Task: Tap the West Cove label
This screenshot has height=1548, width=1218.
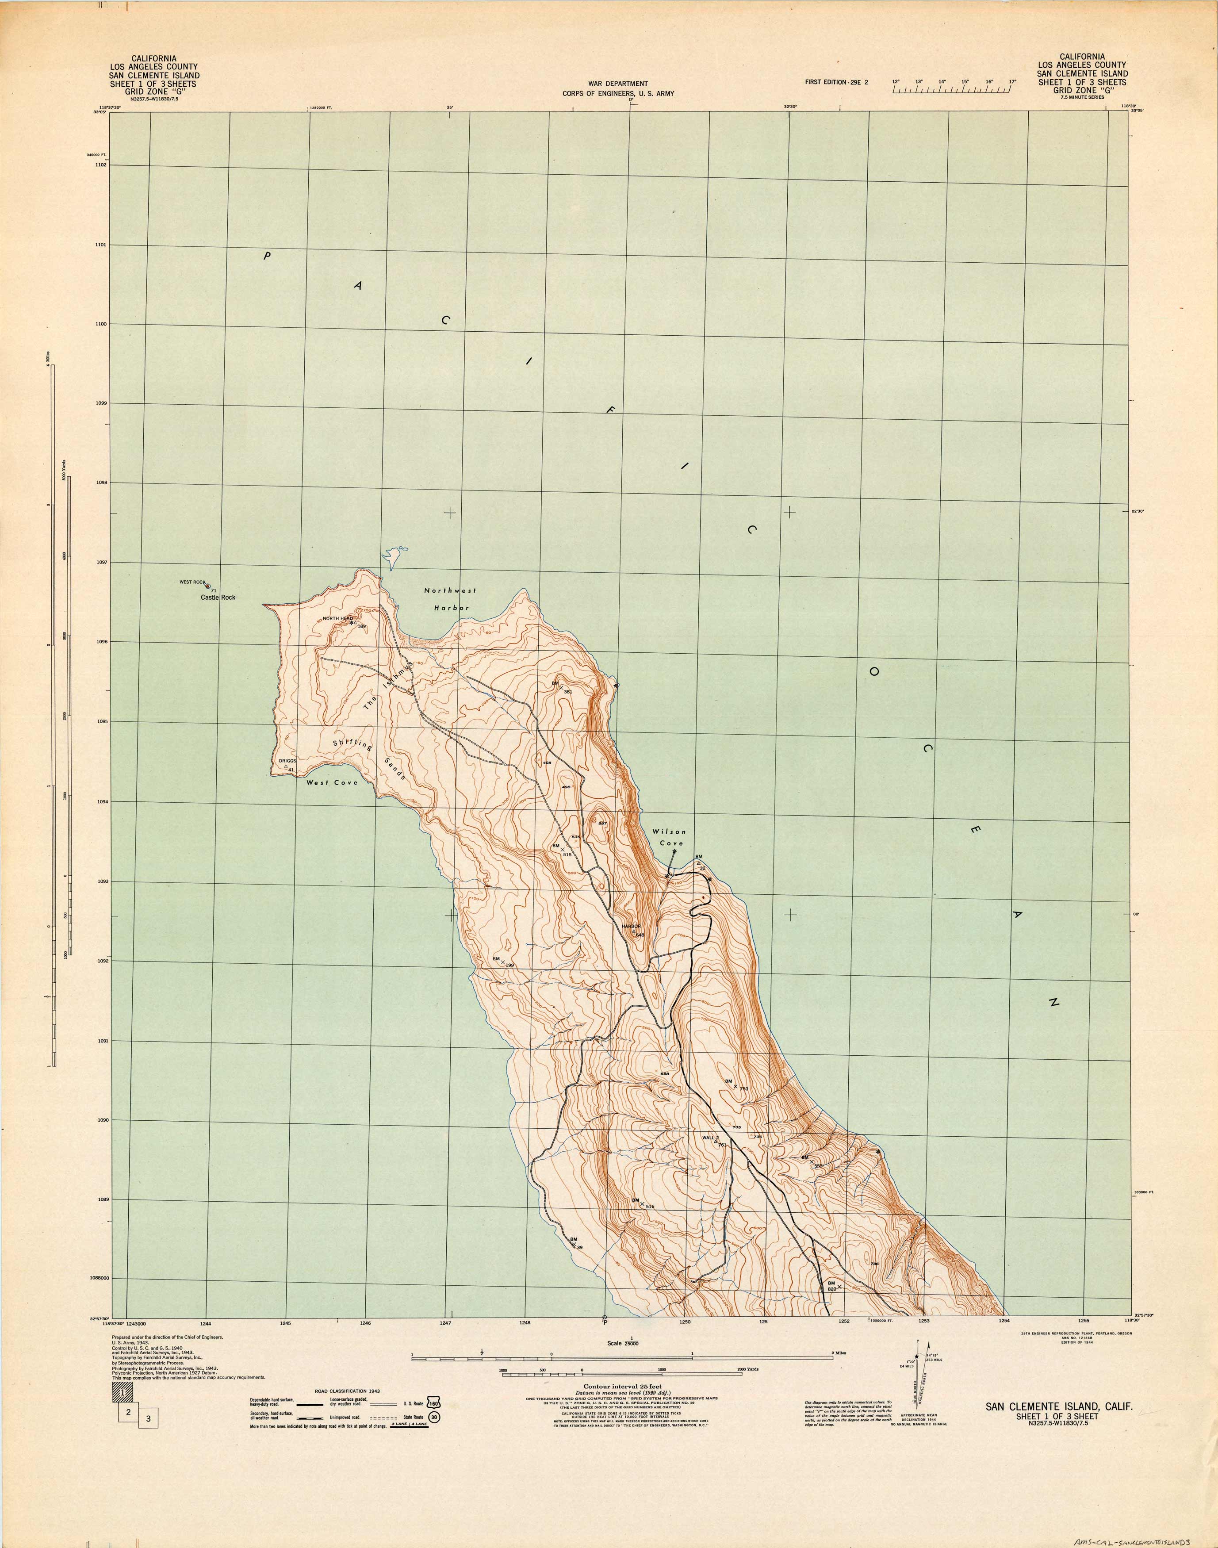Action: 332,782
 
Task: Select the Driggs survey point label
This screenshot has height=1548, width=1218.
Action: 287,761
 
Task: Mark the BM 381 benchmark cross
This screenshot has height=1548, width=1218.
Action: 561,687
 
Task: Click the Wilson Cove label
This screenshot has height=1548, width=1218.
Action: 669,837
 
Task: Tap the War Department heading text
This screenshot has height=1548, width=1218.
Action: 617,84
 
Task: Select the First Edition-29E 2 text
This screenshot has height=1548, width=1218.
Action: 836,82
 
